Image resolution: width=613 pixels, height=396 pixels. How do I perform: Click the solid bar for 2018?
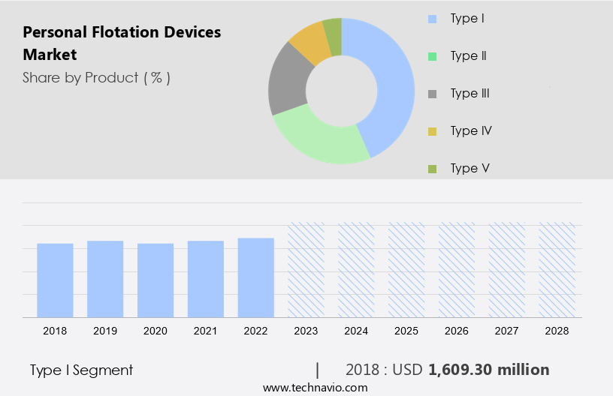pyautogui.click(x=55, y=280)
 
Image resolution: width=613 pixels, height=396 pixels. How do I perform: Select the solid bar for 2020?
pyautogui.click(x=156, y=280)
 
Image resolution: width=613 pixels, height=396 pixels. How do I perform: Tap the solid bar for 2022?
pyautogui.click(x=256, y=277)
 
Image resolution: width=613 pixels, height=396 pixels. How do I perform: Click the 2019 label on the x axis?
pyautogui.click(x=105, y=331)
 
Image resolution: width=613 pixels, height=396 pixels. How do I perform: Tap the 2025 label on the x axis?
pyautogui.click(x=406, y=331)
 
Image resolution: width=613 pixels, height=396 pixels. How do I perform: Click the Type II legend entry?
pyautogui.click(x=464, y=55)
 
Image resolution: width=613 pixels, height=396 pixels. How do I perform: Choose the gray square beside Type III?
pyautogui.click(x=432, y=94)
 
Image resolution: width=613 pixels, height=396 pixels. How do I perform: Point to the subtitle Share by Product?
pyautogui.click(x=96, y=77)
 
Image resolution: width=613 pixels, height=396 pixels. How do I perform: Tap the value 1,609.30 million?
pyautogui.click(x=488, y=370)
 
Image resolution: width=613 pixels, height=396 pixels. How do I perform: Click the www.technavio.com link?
pyautogui.click(x=315, y=388)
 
